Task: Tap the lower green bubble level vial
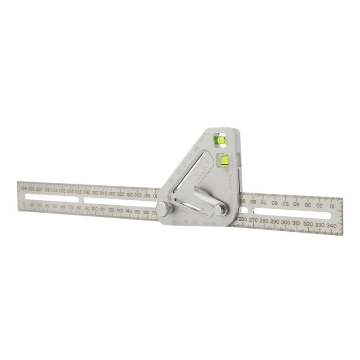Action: (222, 159)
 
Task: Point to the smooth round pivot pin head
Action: (221, 210)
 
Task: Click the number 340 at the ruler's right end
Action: (333, 225)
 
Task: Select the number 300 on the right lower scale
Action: (285, 223)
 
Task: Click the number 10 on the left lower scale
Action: (23, 204)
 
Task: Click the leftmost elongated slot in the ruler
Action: (49, 198)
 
